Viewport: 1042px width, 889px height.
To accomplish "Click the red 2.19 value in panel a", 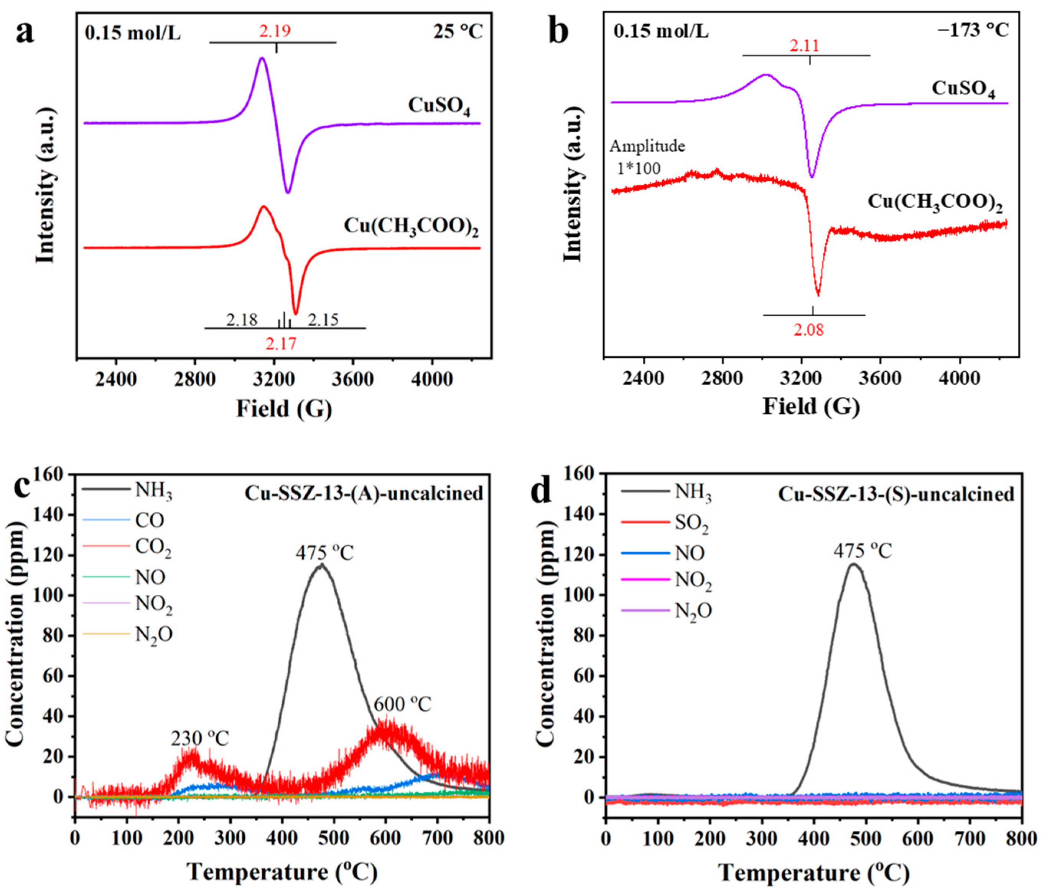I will tap(275, 31).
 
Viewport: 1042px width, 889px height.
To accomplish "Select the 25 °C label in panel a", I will tap(458, 32).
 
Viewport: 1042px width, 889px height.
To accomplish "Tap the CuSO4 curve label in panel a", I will tap(439, 106).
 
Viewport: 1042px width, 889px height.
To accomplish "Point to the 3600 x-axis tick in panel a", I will tap(352, 380).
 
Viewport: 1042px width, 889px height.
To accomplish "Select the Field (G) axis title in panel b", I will tap(811, 406).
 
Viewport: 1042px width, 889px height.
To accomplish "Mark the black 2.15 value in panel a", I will tap(323, 320).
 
